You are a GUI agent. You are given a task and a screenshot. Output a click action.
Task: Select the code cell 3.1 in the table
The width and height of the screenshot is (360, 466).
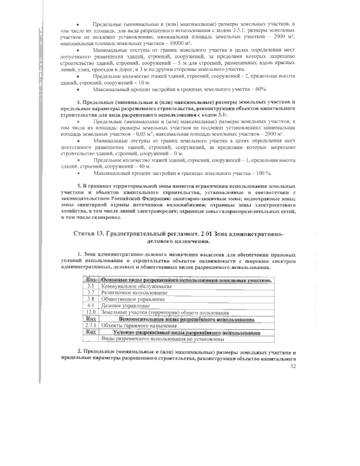[x=90, y=286]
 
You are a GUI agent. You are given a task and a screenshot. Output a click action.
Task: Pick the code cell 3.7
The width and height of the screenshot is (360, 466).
[x=90, y=293]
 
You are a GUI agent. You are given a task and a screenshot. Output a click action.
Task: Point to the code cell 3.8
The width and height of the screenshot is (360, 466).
[x=90, y=299]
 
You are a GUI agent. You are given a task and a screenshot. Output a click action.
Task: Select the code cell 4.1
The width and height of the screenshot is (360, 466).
[x=90, y=305]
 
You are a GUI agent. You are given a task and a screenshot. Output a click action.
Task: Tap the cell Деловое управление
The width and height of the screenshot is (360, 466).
[x=122, y=305]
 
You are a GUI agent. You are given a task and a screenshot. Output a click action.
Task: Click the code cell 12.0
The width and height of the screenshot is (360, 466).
[x=90, y=311]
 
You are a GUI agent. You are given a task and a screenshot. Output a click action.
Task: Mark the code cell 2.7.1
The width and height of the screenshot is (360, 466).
[x=90, y=325]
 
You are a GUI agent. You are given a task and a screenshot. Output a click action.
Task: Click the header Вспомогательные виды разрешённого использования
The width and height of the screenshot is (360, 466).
[x=184, y=318]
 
